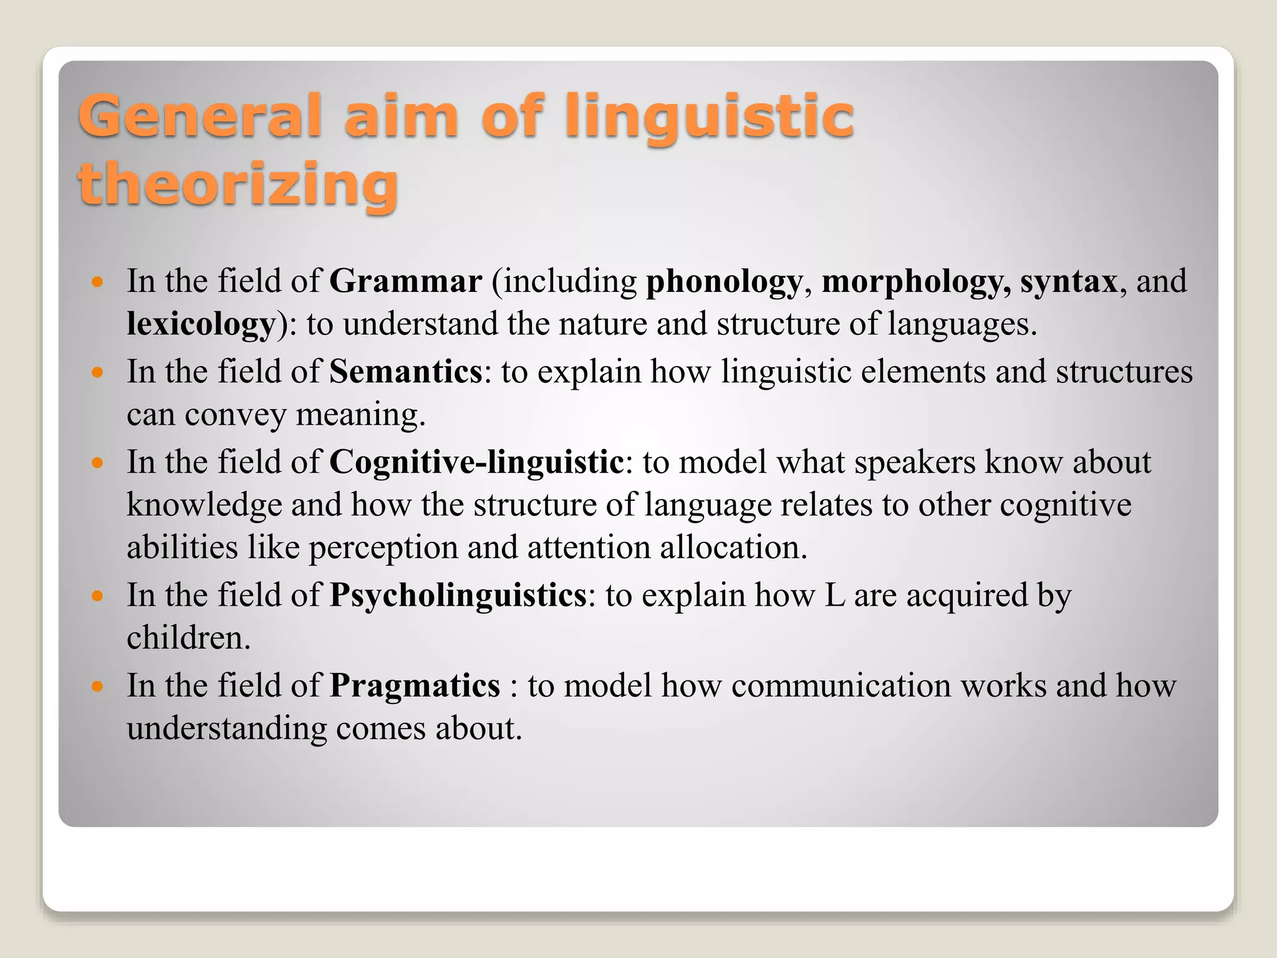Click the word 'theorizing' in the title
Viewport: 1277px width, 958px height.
pyautogui.click(x=238, y=183)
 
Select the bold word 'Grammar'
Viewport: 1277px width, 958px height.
pyautogui.click(x=405, y=281)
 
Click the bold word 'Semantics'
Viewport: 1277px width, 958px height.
pyautogui.click(x=405, y=372)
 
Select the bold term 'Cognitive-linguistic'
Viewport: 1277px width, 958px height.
pyautogui.click(x=476, y=462)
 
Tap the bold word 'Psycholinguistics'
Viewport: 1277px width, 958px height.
pyautogui.click(x=458, y=596)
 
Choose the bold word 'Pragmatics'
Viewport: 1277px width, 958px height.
pyautogui.click(x=415, y=685)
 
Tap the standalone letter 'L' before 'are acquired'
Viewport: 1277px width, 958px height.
pyautogui.click(x=834, y=596)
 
